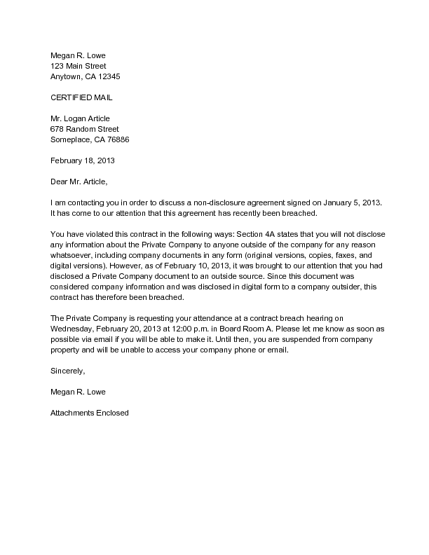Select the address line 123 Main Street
[x=78, y=66]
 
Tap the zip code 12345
[x=115, y=76]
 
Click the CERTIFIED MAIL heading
[x=81, y=97]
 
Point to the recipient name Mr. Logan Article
[x=80, y=118]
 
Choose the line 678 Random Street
[x=85, y=129]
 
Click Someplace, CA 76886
[x=89, y=139]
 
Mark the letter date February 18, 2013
[x=82, y=160]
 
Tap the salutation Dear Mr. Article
[x=79, y=181]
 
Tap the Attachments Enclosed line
[x=89, y=413]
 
